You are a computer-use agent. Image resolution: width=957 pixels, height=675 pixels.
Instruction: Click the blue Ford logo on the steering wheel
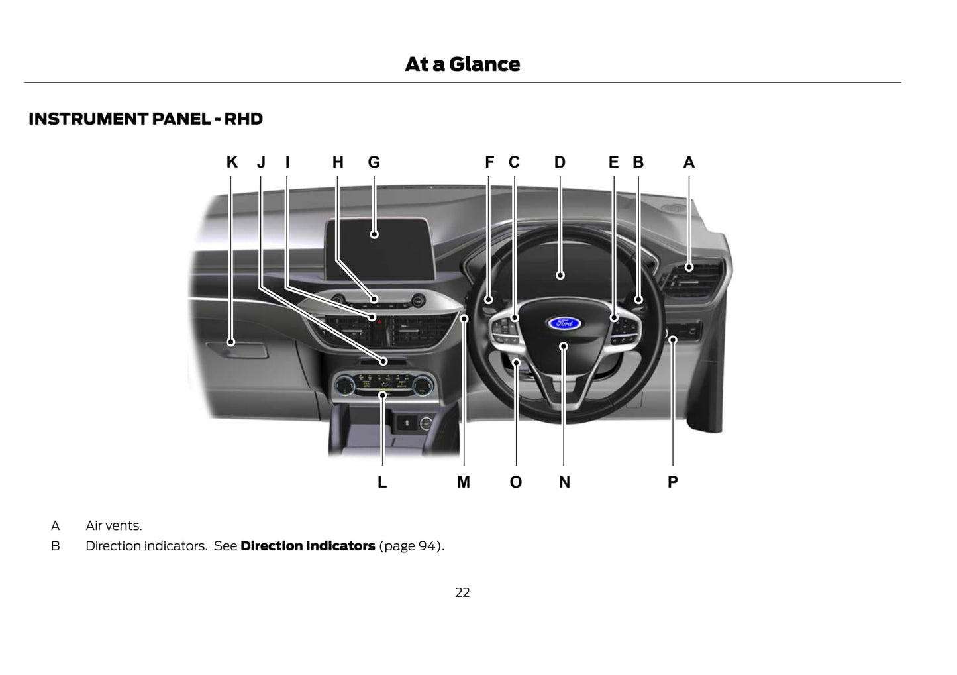[564, 323]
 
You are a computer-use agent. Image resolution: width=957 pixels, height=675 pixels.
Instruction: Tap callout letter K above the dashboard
[232, 162]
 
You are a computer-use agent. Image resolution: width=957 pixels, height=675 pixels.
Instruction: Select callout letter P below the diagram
[672, 482]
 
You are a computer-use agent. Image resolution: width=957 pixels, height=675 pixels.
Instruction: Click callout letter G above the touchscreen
[374, 162]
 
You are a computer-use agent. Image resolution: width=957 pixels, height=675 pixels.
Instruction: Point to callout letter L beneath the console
[382, 482]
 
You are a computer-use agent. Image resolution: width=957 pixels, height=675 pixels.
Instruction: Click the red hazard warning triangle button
[379, 321]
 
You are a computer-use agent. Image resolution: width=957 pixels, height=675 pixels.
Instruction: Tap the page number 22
[462, 593]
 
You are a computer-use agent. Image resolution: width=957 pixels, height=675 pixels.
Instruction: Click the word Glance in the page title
[485, 64]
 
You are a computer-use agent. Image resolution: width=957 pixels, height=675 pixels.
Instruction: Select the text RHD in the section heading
[243, 119]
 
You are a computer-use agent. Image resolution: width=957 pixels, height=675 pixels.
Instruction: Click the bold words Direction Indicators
[307, 546]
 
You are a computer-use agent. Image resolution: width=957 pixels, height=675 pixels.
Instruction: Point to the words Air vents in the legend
[114, 525]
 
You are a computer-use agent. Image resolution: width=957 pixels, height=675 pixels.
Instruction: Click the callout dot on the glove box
[230, 342]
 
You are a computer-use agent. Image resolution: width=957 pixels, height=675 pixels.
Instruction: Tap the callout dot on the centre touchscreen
[374, 234]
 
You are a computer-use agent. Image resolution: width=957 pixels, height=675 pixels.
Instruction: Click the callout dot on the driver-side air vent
[689, 268]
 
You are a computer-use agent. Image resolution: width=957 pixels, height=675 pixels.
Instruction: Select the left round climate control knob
[345, 386]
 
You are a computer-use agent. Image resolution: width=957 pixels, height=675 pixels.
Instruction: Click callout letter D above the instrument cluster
[560, 162]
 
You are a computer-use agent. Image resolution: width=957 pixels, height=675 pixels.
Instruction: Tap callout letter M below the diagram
[464, 482]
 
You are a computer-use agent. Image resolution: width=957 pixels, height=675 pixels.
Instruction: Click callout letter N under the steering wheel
[564, 482]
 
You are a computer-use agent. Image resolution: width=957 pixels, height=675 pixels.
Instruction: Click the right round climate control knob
[423, 386]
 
